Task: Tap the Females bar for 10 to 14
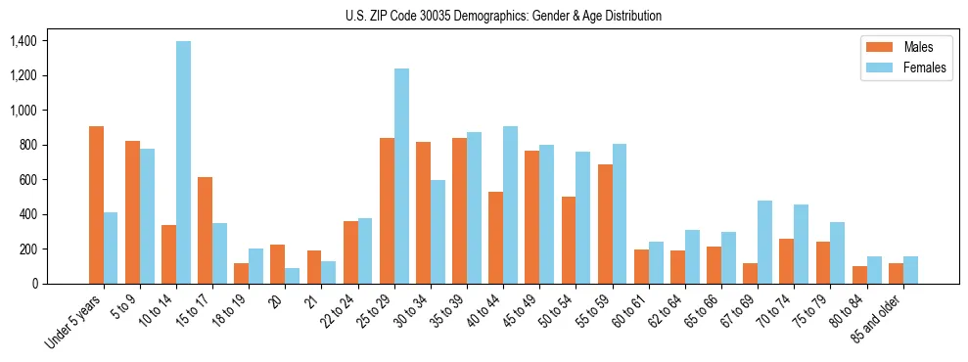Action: pyautogui.click(x=184, y=162)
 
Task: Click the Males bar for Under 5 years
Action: pyautogui.click(x=96, y=204)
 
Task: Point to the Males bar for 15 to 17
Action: pyautogui.click(x=205, y=230)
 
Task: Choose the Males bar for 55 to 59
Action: pyautogui.click(x=605, y=224)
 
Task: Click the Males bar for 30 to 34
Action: pyautogui.click(x=423, y=212)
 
